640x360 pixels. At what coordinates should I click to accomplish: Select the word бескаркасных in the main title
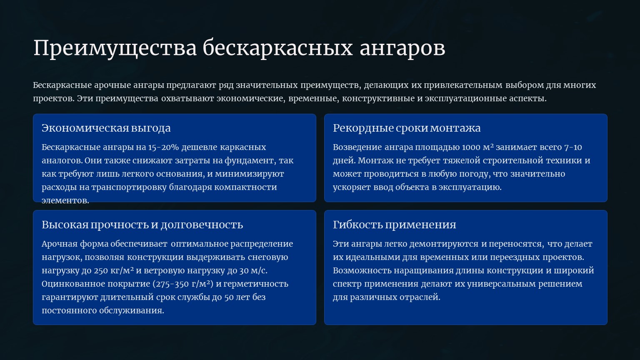(278, 47)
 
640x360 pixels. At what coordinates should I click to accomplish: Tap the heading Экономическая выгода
(106, 128)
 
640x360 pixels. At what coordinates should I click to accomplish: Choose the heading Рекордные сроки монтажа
(407, 128)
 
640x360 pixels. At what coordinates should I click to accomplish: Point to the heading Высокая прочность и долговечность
(142, 225)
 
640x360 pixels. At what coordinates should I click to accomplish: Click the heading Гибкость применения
(394, 225)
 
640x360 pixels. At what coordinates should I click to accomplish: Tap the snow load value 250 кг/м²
(114, 270)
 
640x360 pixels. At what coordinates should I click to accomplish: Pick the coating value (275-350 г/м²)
(183, 284)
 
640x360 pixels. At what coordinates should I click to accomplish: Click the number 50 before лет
(229, 297)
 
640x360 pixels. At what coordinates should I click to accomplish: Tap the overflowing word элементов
(65, 200)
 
